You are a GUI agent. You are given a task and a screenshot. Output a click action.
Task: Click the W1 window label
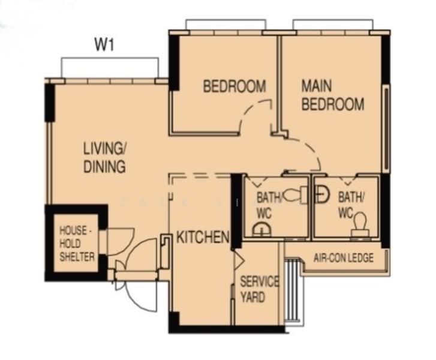click(x=104, y=44)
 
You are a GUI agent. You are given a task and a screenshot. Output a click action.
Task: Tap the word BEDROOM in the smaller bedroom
click(x=234, y=86)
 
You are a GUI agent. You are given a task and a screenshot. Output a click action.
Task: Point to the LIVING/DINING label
click(x=104, y=157)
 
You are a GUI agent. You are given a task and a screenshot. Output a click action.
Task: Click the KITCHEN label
click(x=203, y=238)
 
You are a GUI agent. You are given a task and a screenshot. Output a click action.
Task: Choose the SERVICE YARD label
click(x=260, y=289)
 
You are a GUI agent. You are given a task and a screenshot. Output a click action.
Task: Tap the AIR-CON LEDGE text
click(x=344, y=258)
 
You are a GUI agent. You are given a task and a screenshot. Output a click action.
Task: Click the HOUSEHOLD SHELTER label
click(x=76, y=243)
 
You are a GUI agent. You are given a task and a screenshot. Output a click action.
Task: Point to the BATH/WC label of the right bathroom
click(x=349, y=203)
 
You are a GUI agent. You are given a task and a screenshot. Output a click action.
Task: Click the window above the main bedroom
click(x=333, y=24)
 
